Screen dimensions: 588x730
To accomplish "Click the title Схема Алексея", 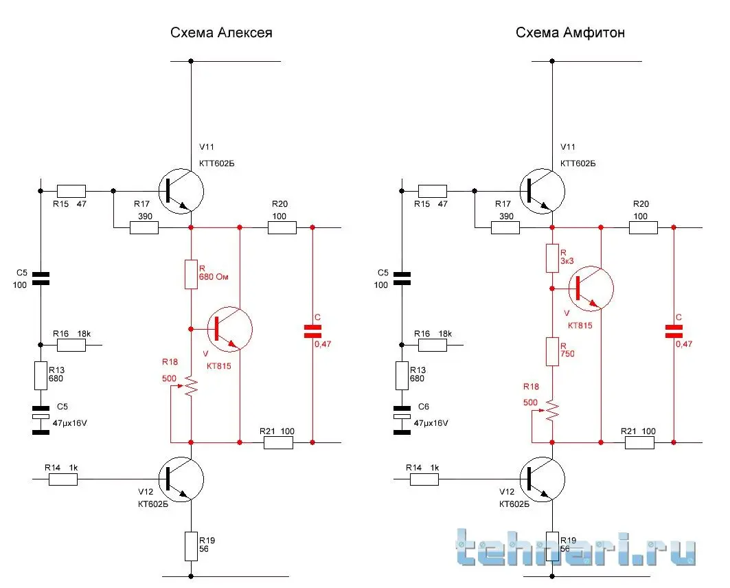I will coord(221,33).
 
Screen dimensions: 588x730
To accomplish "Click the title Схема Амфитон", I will coord(570,33).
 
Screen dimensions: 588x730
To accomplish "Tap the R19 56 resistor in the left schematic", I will coord(191,545).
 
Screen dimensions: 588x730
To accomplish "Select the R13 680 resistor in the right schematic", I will coord(402,376).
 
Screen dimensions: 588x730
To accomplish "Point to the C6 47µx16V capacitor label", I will coord(429,416).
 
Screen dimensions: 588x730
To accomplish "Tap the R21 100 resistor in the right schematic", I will coord(639,443).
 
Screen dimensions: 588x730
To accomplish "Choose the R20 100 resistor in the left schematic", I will coord(282,227).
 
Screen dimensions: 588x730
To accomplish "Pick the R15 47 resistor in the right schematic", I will coord(432,191).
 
